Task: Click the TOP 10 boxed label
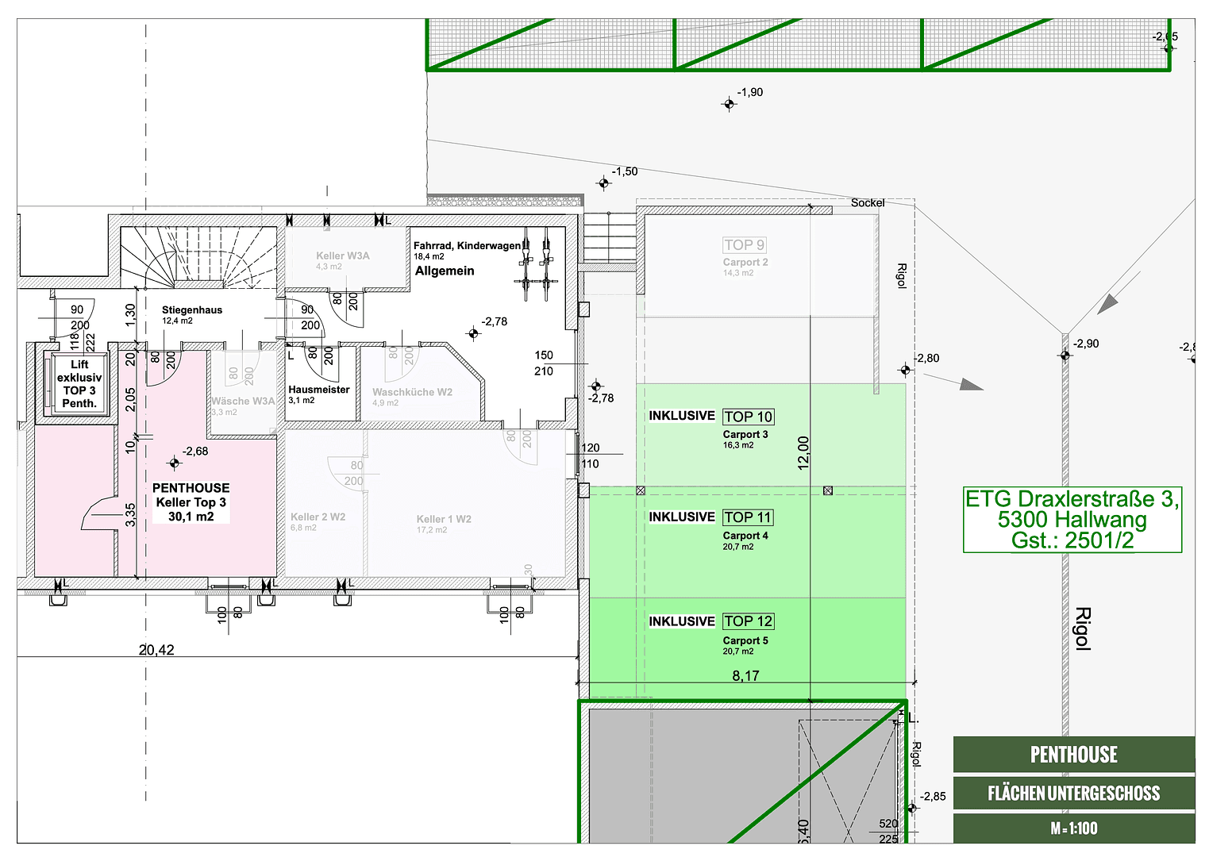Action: click(x=748, y=417)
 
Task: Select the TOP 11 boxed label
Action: click(x=748, y=517)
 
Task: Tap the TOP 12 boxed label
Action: click(x=748, y=621)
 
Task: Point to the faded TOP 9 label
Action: click(x=744, y=245)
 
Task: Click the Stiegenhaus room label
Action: click(x=192, y=310)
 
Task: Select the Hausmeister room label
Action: click(x=318, y=390)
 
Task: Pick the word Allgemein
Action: click(x=445, y=271)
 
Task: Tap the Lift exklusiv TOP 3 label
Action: click(x=79, y=384)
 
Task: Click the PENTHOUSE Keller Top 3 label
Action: click(x=191, y=502)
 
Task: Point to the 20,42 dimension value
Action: click(x=156, y=650)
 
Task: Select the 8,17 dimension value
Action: click(x=745, y=676)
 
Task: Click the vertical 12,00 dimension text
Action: click(x=803, y=452)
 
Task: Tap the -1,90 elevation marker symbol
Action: click(x=729, y=104)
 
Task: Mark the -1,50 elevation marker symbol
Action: click(x=603, y=183)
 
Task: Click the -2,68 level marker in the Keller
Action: click(x=175, y=463)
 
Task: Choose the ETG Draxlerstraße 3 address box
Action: click(x=1072, y=520)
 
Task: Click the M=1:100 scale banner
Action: click(x=1073, y=828)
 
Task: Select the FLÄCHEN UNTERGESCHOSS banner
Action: click(x=1073, y=793)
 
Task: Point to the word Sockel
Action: click(x=867, y=203)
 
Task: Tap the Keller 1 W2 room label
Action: click(x=444, y=519)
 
